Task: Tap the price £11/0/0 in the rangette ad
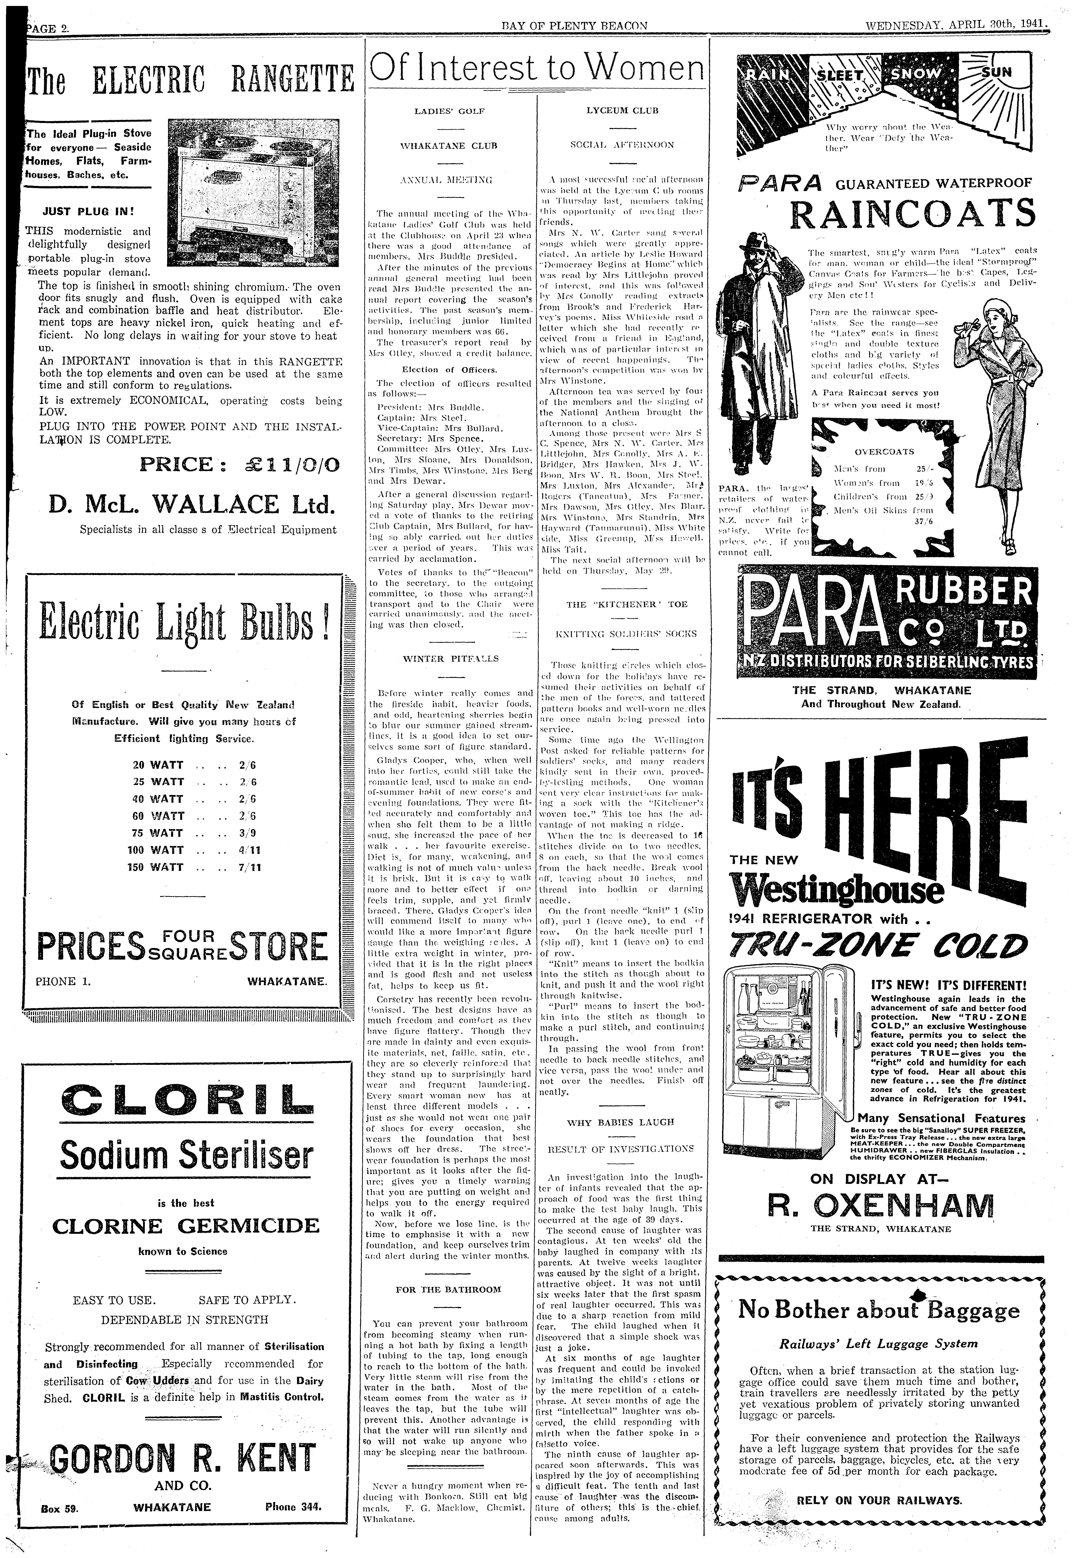coord(240,465)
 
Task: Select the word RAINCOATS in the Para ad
coord(912,215)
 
